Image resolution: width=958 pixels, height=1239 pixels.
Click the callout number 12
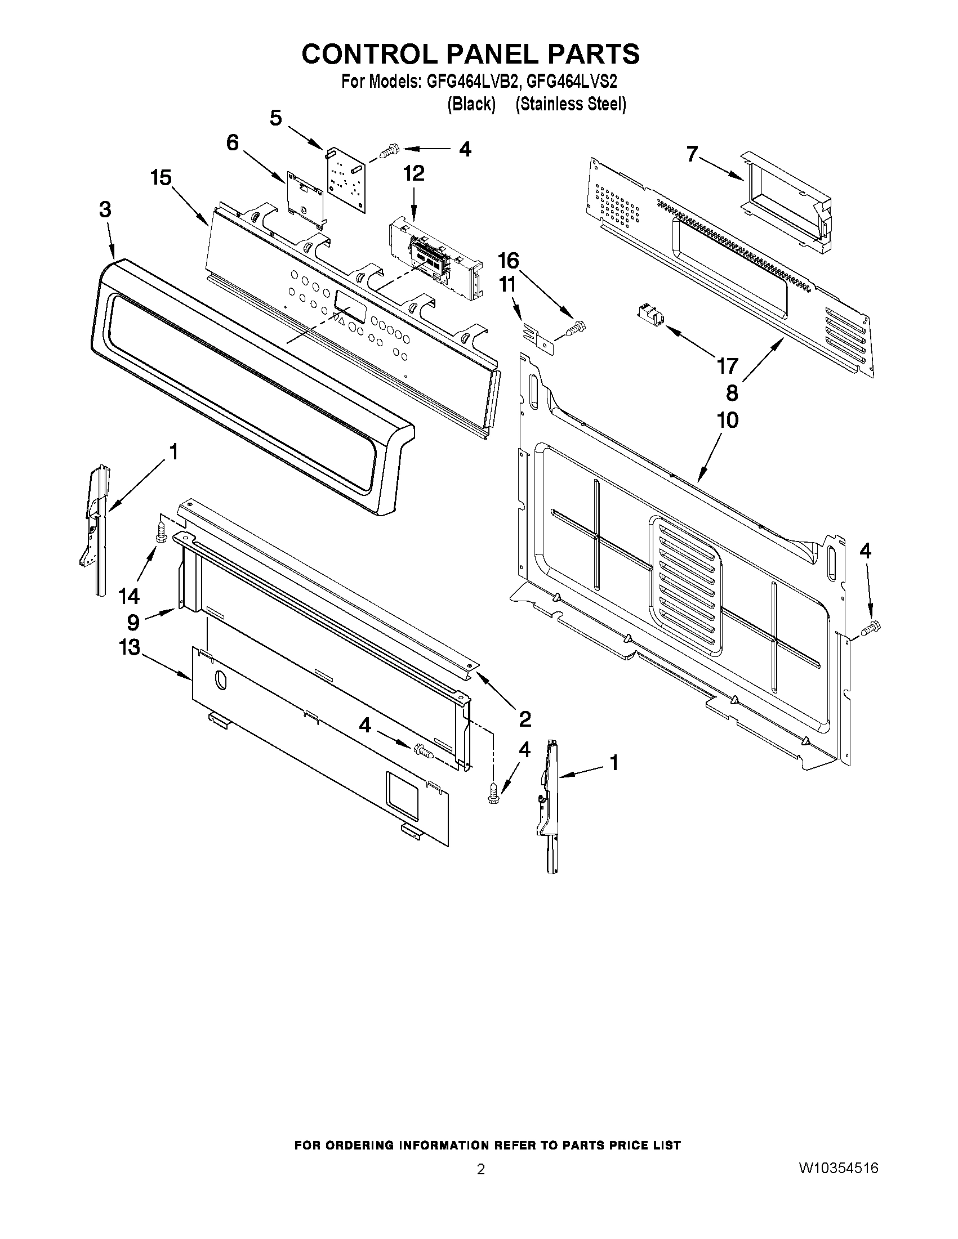(414, 173)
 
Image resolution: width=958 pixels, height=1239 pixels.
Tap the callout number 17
(727, 366)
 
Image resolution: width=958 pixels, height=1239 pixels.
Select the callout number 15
(161, 178)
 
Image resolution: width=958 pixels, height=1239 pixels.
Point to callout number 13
(130, 647)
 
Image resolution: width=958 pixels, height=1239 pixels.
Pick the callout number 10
(728, 421)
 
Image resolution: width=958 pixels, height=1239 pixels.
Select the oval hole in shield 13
(221, 679)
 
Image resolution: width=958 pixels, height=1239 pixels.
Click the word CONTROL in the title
(370, 55)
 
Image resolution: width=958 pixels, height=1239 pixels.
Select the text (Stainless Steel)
(571, 104)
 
